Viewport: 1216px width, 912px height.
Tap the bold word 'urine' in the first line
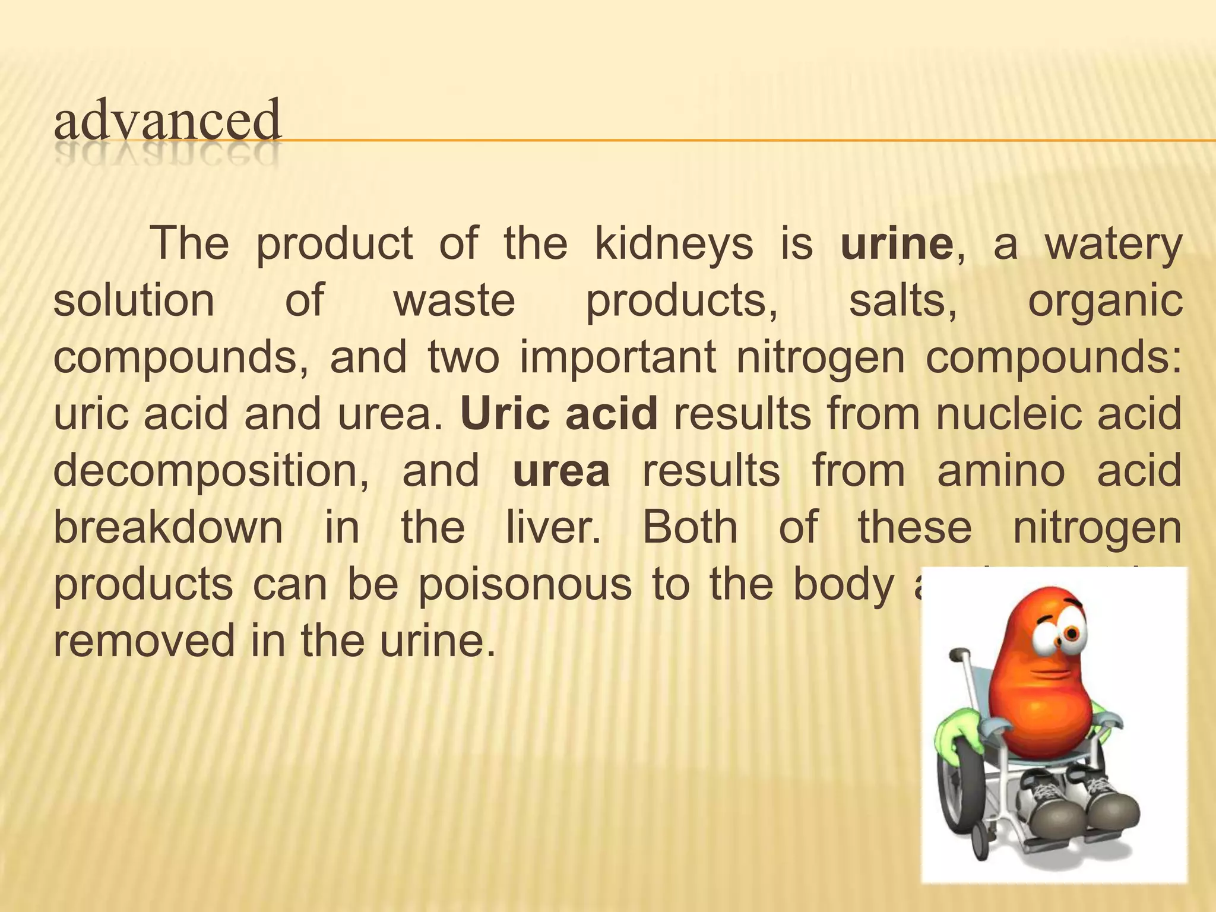tap(897, 244)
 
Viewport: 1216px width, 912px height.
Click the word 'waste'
tap(454, 300)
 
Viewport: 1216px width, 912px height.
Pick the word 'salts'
tap(902, 300)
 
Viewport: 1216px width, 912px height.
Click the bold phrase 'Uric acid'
tap(559, 413)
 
